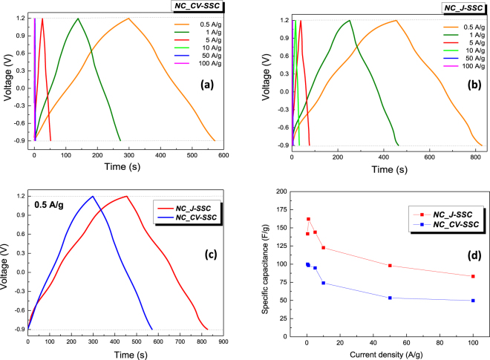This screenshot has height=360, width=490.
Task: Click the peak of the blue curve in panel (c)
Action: click(92, 196)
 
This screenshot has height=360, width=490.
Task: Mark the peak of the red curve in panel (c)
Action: click(127, 196)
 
